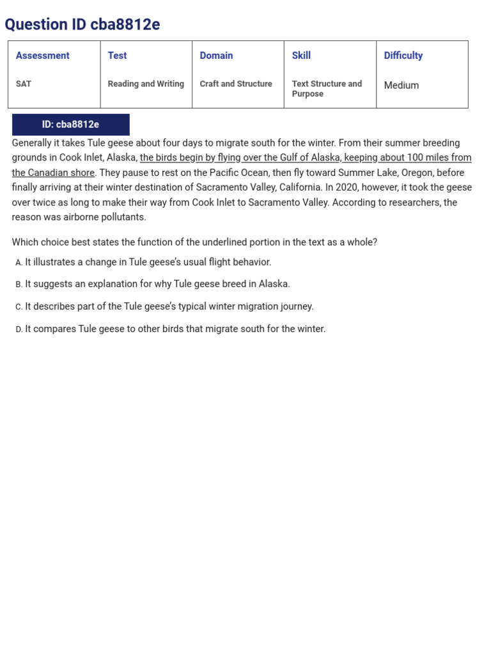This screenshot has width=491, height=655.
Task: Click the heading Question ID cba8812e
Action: coord(82,24)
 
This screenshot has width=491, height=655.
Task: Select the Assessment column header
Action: coord(42,56)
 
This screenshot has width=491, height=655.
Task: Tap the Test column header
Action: coord(117,56)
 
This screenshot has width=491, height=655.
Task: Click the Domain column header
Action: coord(216,56)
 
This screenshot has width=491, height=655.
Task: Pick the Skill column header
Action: coord(301,56)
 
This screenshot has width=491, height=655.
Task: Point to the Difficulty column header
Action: coord(403,56)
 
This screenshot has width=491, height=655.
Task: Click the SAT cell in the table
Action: coord(24,84)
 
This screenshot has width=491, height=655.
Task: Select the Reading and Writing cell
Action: coord(146,84)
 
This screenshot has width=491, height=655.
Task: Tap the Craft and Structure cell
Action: coord(236,84)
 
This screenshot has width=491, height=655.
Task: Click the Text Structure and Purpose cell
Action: coord(327,88)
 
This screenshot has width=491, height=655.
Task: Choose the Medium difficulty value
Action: coord(401,85)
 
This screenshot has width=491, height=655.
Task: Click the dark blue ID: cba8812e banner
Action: coord(70,125)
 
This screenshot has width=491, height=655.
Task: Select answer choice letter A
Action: coord(19,262)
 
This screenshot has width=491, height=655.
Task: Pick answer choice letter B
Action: coord(19,285)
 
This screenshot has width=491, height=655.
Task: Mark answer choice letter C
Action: coord(19,307)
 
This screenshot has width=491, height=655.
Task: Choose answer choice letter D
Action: coord(19,329)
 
